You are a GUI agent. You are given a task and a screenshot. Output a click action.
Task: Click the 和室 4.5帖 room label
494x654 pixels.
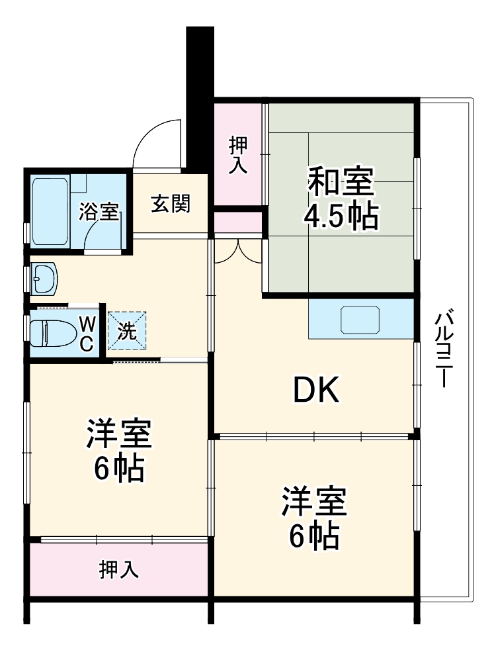pyautogui.click(x=341, y=198)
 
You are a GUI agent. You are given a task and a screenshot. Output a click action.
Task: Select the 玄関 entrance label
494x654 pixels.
pyautogui.click(x=170, y=204)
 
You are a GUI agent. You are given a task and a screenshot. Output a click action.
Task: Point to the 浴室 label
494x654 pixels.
pyautogui.click(x=99, y=212)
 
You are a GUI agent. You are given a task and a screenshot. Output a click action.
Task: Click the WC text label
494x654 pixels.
pyautogui.click(x=87, y=332)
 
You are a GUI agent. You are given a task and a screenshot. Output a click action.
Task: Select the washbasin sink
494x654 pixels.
pyautogui.click(x=45, y=279)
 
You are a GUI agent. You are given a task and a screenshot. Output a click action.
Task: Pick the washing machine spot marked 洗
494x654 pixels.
pyautogui.click(x=127, y=329)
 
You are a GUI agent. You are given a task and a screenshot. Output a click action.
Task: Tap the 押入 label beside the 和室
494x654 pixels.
pyautogui.click(x=238, y=155)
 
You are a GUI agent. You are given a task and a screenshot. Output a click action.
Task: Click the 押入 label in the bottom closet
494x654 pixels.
pyautogui.click(x=119, y=569)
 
